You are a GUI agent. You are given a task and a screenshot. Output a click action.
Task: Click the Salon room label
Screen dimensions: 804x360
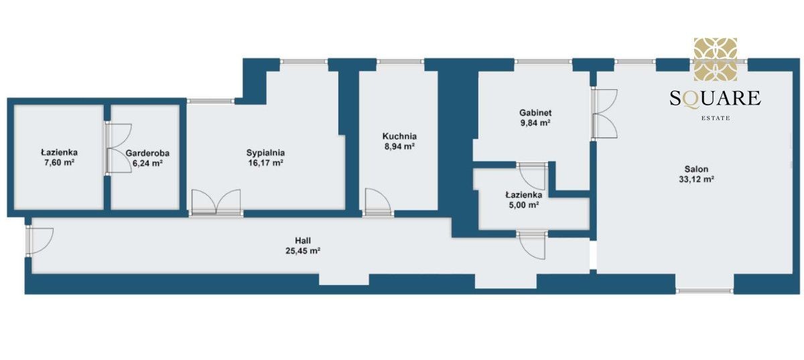(x=696, y=169)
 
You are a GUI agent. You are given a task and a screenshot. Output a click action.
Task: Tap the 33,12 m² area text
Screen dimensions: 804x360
(x=696, y=179)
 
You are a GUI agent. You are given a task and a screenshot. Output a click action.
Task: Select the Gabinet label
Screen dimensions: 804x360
(x=535, y=113)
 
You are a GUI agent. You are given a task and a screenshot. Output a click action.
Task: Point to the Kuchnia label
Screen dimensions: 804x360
(x=399, y=137)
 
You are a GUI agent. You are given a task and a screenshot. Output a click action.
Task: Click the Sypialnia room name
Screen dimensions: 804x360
(x=265, y=153)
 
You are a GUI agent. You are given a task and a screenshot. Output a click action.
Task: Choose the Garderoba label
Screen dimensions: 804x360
(x=147, y=153)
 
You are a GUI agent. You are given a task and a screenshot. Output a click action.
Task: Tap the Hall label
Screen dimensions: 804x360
(x=303, y=241)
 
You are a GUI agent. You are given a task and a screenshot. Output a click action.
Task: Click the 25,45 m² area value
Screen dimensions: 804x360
(x=303, y=251)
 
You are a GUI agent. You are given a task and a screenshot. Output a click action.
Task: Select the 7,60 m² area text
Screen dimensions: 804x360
(x=59, y=162)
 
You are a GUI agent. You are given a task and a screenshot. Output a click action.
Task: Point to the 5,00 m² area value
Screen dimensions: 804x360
(x=524, y=205)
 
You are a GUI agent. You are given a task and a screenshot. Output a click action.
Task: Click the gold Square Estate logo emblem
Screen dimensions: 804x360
(x=716, y=59)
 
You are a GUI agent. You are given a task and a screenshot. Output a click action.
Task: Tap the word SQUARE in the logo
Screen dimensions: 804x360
(x=716, y=99)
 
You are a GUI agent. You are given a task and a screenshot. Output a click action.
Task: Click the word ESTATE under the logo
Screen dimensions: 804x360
(x=716, y=118)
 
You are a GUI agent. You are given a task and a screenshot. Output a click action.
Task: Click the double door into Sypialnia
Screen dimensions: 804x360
(x=216, y=202)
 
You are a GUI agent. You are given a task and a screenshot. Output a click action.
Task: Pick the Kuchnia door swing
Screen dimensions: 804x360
(x=378, y=202)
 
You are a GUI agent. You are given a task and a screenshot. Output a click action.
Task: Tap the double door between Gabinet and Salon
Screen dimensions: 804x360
(x=604, y=113)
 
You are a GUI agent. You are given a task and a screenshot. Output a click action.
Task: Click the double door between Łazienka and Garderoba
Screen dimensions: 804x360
(x=119, y=149)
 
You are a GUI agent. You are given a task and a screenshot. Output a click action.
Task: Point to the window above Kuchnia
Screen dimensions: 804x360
(x=401, y=62)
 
